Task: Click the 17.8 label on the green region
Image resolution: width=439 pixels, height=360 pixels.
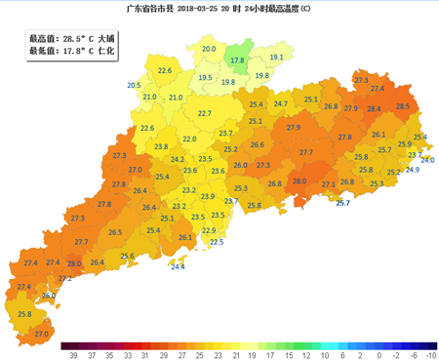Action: coord(236,60)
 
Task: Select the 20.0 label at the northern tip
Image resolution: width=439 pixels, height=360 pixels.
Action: coord(208,49)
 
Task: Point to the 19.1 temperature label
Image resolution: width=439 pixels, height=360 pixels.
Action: coord(276,58)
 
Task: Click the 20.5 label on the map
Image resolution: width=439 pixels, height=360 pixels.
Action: coord(134,86)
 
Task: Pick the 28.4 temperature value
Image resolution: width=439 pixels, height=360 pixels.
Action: coord(375,108)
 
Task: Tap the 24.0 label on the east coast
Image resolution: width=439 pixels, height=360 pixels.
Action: coord(427,160)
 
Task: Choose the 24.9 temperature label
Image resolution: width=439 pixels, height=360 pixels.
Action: coord(412,170)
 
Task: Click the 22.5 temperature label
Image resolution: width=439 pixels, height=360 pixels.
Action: coord(217,241)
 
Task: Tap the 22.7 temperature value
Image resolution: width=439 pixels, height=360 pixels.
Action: coord(205,114)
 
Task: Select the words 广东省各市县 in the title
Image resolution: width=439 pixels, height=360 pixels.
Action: coord(151,9)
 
